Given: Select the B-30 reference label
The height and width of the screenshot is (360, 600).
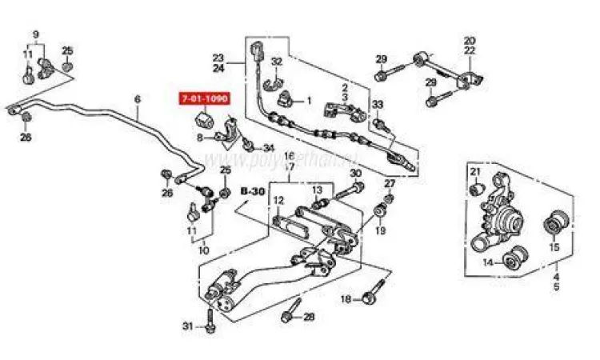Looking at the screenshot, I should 252,192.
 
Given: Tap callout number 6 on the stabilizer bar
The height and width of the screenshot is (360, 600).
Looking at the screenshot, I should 137,100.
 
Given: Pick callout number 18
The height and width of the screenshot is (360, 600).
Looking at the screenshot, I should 346,299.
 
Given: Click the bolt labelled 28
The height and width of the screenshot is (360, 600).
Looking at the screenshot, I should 289,314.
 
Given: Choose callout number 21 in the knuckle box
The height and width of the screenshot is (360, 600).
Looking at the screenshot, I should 474,174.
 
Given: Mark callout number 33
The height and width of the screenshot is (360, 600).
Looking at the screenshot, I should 378,105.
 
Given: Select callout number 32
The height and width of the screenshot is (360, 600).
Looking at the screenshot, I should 277,62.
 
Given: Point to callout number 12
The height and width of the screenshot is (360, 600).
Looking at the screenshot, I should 278,200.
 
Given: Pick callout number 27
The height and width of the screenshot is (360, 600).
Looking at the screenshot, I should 390,184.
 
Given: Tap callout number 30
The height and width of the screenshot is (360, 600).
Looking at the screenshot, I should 355,173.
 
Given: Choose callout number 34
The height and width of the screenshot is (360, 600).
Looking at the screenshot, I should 268,147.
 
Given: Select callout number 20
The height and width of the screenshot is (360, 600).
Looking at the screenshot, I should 470,40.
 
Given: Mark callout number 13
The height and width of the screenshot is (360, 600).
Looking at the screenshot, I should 317,190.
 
